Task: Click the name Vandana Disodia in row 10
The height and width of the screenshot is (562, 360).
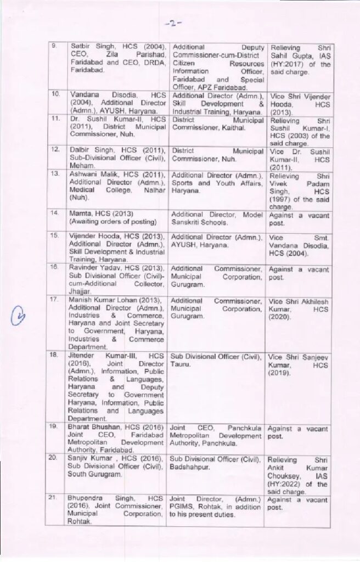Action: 99,95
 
